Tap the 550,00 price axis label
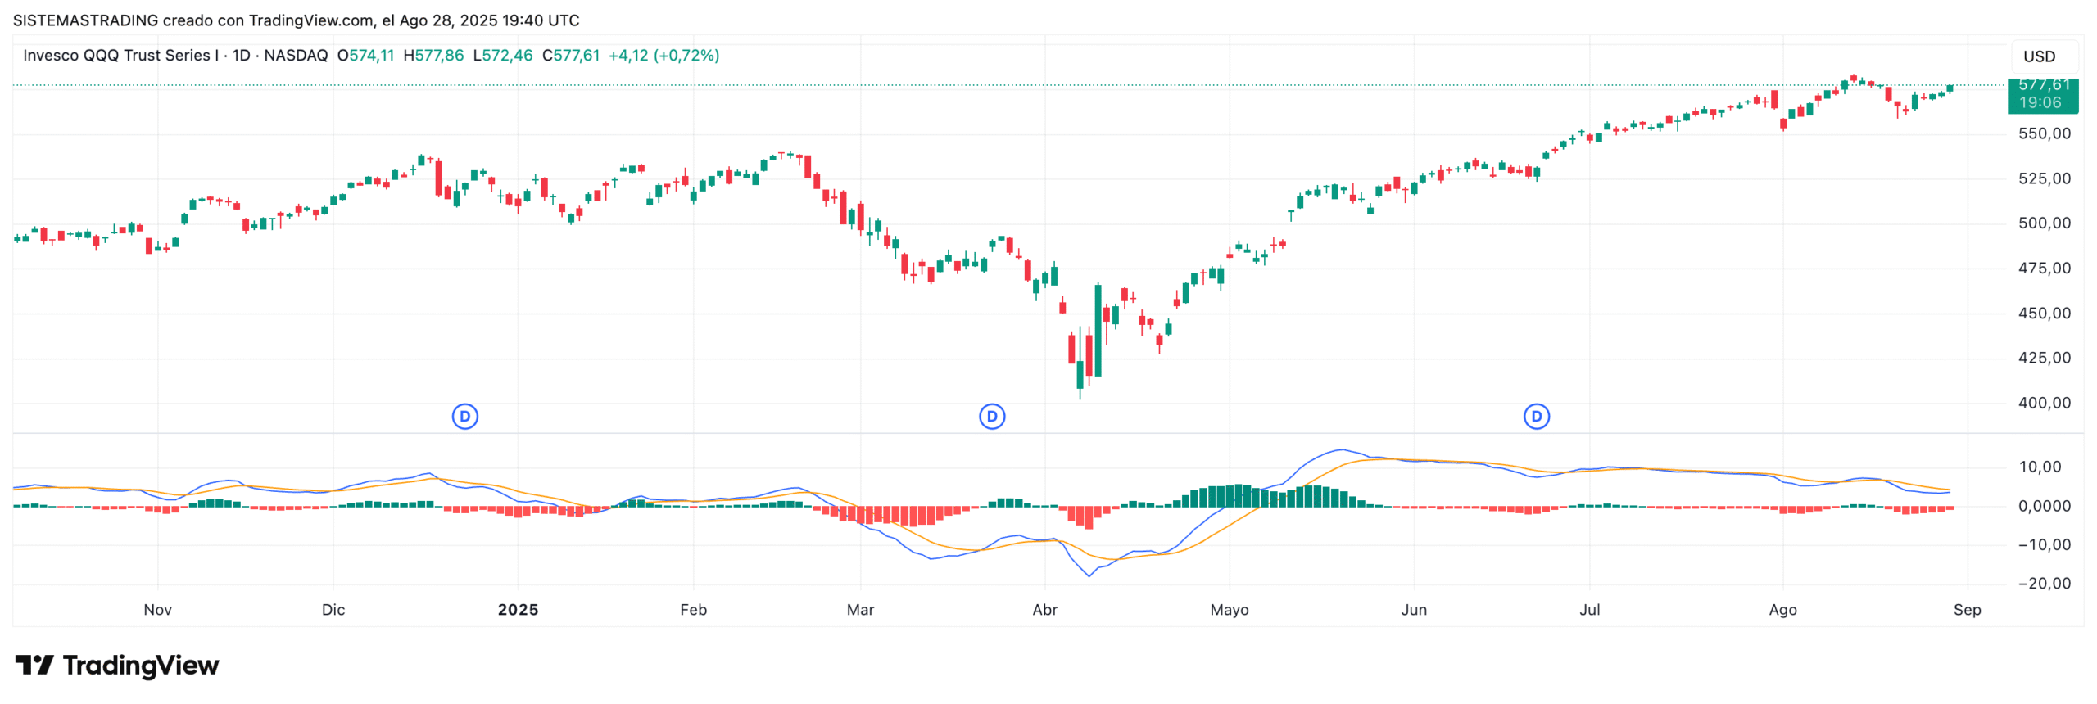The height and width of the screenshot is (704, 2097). coord(2044,133)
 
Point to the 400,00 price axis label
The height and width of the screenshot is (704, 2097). coord(2044,403)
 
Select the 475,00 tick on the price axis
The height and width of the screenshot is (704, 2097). coord(2044,269)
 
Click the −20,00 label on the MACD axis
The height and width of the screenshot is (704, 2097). coord(2044,584)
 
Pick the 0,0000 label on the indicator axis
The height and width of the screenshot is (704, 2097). coord(2044,507)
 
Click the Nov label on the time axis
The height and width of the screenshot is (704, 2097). coord(157,610)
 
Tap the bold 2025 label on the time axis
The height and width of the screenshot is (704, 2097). coord(518,610)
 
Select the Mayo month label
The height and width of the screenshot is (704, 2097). coord(1229,610)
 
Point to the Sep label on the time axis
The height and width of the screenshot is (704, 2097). coord(1967,610)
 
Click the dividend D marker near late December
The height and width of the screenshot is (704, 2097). coord(465,417)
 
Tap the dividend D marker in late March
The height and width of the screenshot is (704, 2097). coord(992,417)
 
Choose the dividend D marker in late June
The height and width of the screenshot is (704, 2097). coord(1536,417)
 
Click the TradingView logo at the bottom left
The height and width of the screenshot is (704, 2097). coord(117,666)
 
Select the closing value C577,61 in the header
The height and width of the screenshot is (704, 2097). coord(571,56)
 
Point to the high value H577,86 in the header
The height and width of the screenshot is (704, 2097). coord(433,56)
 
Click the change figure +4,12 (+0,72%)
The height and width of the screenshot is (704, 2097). coord(664,56)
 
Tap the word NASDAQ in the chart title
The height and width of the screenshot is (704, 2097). coord(296,56)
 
